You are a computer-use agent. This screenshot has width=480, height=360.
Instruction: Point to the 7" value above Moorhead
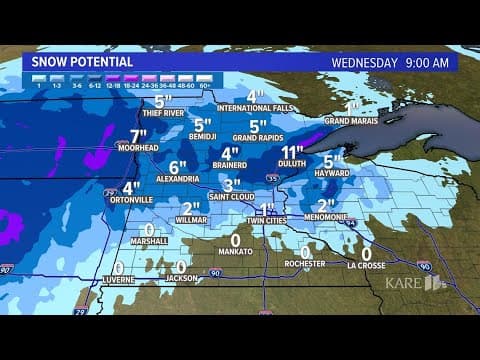(138, 135)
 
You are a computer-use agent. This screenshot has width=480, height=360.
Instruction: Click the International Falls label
(253, 108)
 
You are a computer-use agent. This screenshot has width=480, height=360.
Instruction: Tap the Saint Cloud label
(231, 197)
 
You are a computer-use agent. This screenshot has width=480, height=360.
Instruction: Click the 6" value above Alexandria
(178, 167)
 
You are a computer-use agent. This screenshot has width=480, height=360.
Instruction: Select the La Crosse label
(366, 265)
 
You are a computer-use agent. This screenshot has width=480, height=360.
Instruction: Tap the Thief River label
(164, 115)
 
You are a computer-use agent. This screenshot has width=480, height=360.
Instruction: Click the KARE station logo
(416, 284)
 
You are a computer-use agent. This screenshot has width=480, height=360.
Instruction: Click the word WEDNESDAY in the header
(364, 61)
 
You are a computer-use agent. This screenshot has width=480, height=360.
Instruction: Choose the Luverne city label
(119, 281)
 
